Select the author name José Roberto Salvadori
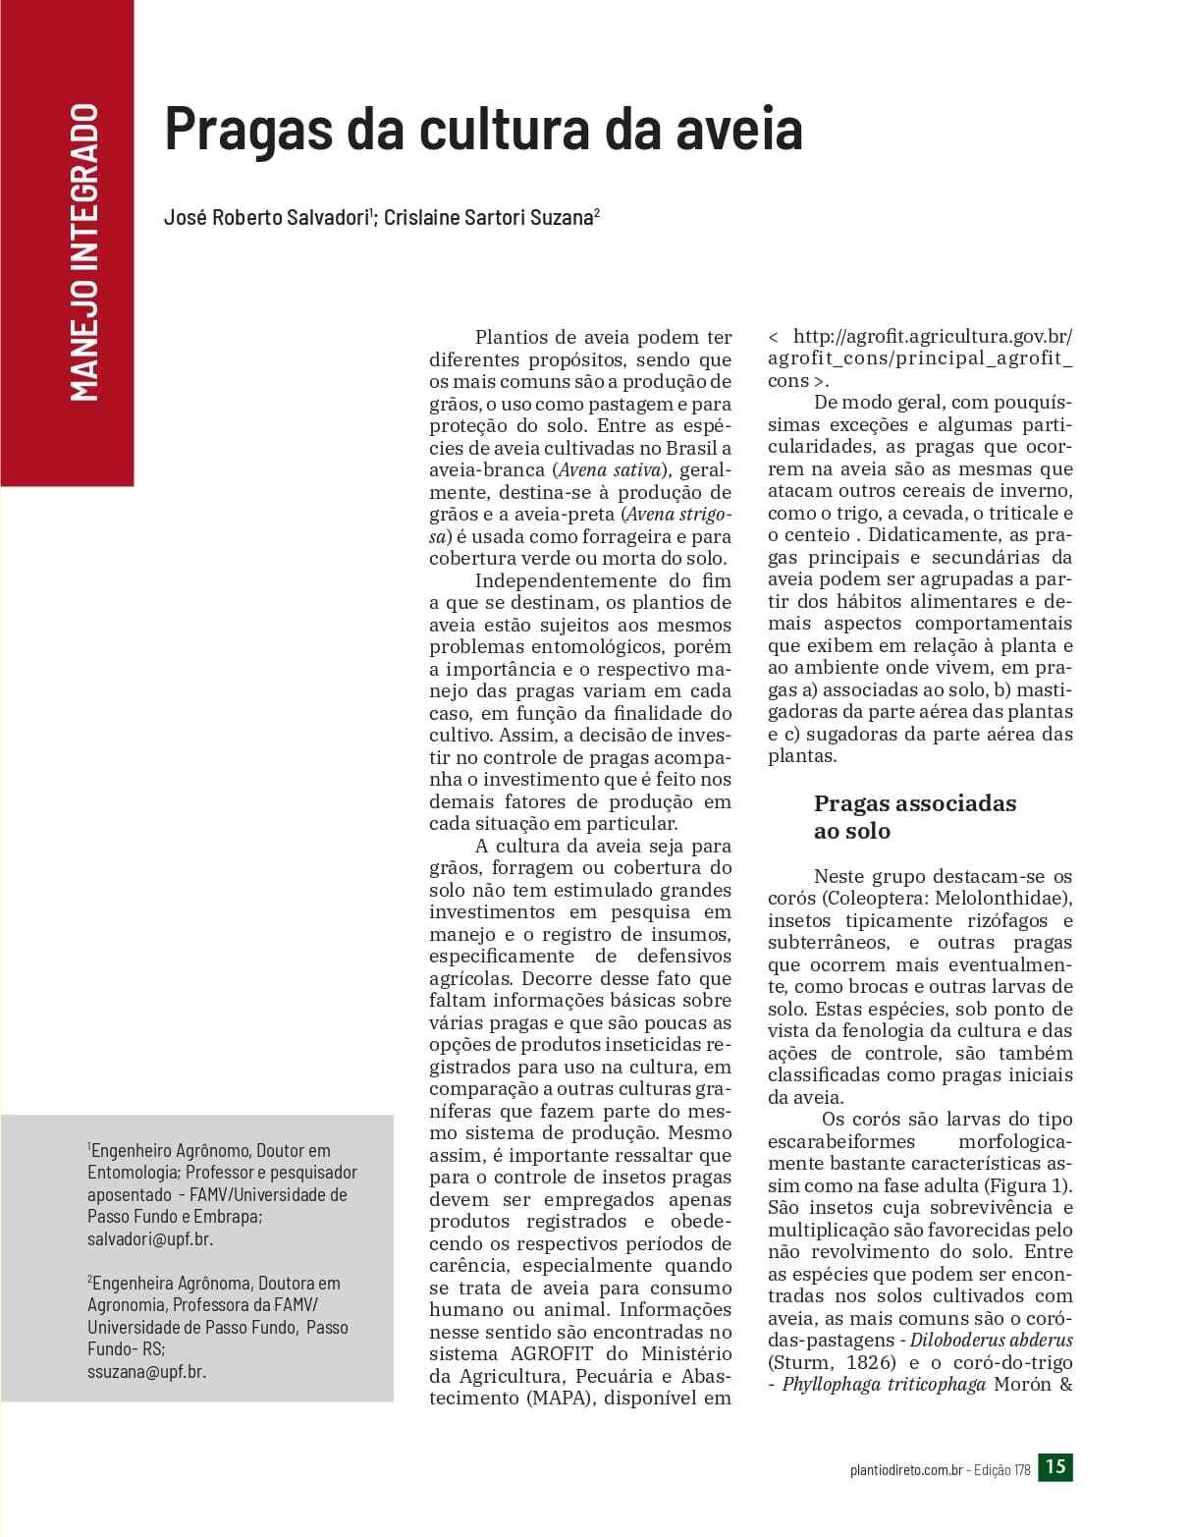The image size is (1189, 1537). pyautogui.click(x=266, y=218)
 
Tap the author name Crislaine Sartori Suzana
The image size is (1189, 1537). pyautogui.click(x=488, y=218)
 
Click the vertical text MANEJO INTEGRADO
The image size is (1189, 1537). pyautogui.click(x=85, y=252)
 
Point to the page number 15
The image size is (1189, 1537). pyautogui.click(x=1055, y=1467)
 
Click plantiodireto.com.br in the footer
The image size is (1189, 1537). pyautogui.click(x=905, y=1470)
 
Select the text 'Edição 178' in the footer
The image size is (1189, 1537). pyautogui.click(x=1001, y=1470)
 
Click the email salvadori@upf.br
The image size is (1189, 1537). pyautogui.click(x=150, y=1238)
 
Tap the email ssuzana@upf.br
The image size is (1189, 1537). pyautogui.click(x=146, y=1371)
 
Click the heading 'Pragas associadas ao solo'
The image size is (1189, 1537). pyautogui.click(x=914, y=817)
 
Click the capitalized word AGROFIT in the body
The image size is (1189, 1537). pyautogui.click(x=552, y=1354)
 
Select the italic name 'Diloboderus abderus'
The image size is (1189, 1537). pyautogui.click(x=991, y=1341)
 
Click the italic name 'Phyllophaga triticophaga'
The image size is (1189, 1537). pyautogui.click(x=883, y=1385)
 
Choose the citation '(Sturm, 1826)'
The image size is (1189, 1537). pyautogui.click(x=832, y=1363)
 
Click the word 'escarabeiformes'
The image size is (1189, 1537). pyautogui.click(x=841, y=1142)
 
